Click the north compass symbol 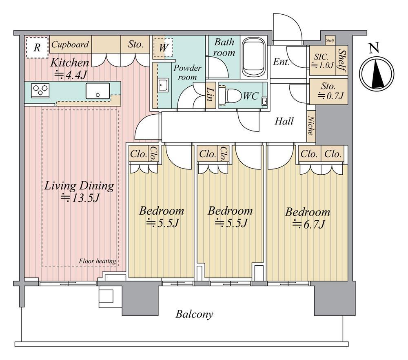coord(377,73)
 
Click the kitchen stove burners coord(40,90)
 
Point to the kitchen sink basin coord(98,91)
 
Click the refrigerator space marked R coord(37,47)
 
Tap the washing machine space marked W coord(163,47)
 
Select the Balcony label coord(194,314)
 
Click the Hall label coord(284,121)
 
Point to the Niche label coord(310,126)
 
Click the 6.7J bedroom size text coord(309,224)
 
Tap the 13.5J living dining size coord(80,198)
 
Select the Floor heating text coord(98,261)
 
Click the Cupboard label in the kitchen coord(70,44)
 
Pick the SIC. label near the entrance coord(321,57)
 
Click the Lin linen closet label coord(211,94)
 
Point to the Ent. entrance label coord(281,62)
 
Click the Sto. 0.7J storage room coord(329,91)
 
